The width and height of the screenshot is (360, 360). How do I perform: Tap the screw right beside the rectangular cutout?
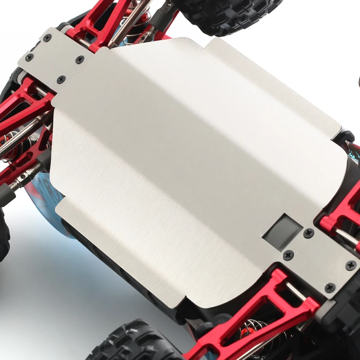(x=309, y=233)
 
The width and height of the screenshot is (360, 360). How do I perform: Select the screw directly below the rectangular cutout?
(x=288, y=255)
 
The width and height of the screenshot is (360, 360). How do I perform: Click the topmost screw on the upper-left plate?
(x=47, y=38)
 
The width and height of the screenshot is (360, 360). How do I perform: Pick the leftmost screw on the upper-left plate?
(x=29, y=58)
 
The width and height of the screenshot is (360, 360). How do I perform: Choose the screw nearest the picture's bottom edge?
(x=330, y=287)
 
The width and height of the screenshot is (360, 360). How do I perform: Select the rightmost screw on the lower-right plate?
(x=351, y=265)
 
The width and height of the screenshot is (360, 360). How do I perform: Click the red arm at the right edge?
(x=344, y=211)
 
